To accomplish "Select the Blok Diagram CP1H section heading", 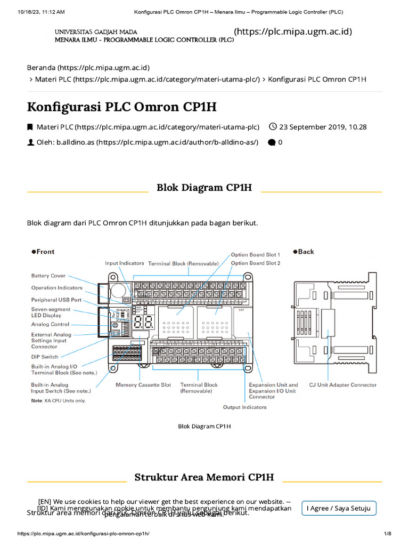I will (204, 188).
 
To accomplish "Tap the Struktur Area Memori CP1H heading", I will (204, 477).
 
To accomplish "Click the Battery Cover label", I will (48, 276).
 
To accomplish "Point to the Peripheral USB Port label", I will (56, 300).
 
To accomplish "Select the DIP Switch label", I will (45, 357).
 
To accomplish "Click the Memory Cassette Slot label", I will (143, 384).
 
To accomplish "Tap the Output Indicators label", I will (244, 407).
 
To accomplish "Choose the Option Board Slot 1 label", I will (255, 255).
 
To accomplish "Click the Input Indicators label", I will (124, 263).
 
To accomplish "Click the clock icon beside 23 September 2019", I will (273, 127).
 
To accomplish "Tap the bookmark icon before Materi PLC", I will (30, 127).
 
